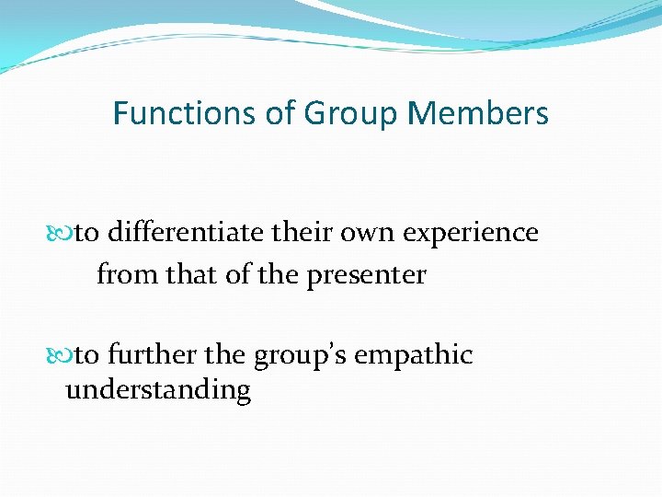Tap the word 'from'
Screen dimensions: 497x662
pos(127,274)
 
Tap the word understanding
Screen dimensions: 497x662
pos(158,391)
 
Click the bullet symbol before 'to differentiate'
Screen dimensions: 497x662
pos(65,234)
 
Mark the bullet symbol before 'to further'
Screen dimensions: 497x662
pos(65,355)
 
